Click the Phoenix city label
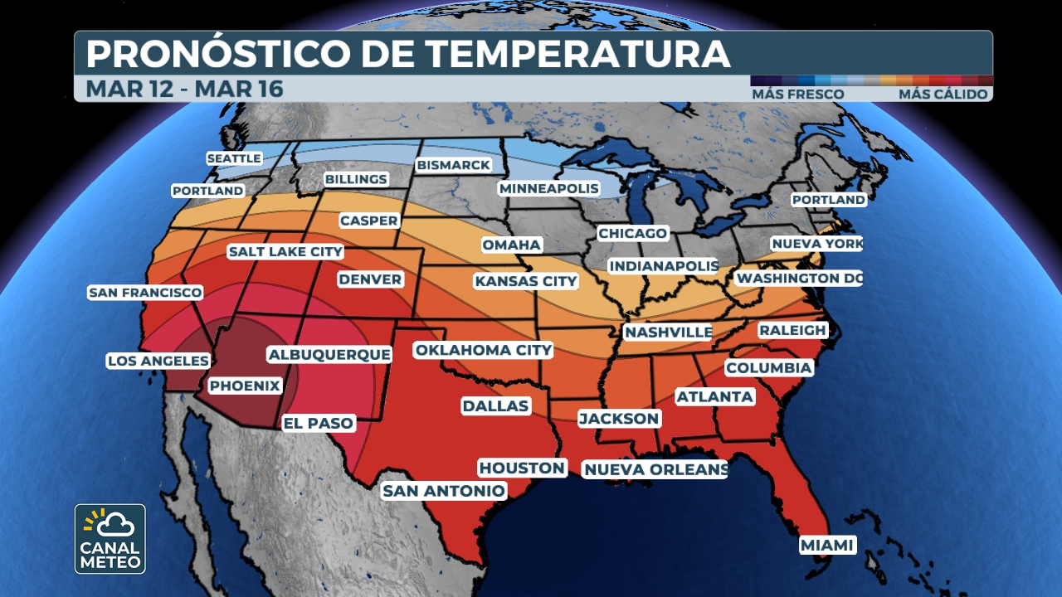coord(245,386)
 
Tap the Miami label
coord(827,545)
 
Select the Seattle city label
coord(234,158)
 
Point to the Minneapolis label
coord(548,188)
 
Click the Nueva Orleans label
coord(655,470)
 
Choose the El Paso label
coord(319,423)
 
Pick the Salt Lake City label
coord(285,251)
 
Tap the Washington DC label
coord(799,278)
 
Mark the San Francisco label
coord(145,293)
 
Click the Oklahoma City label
coord(484,350)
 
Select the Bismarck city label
coord(454,165)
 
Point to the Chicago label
coord(633,233)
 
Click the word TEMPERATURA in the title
coord(578,54)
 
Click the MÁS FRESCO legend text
coord(798,95)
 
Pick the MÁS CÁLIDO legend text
coord(943,95)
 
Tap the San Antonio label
coord(443,491)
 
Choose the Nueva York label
coord(816,244)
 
